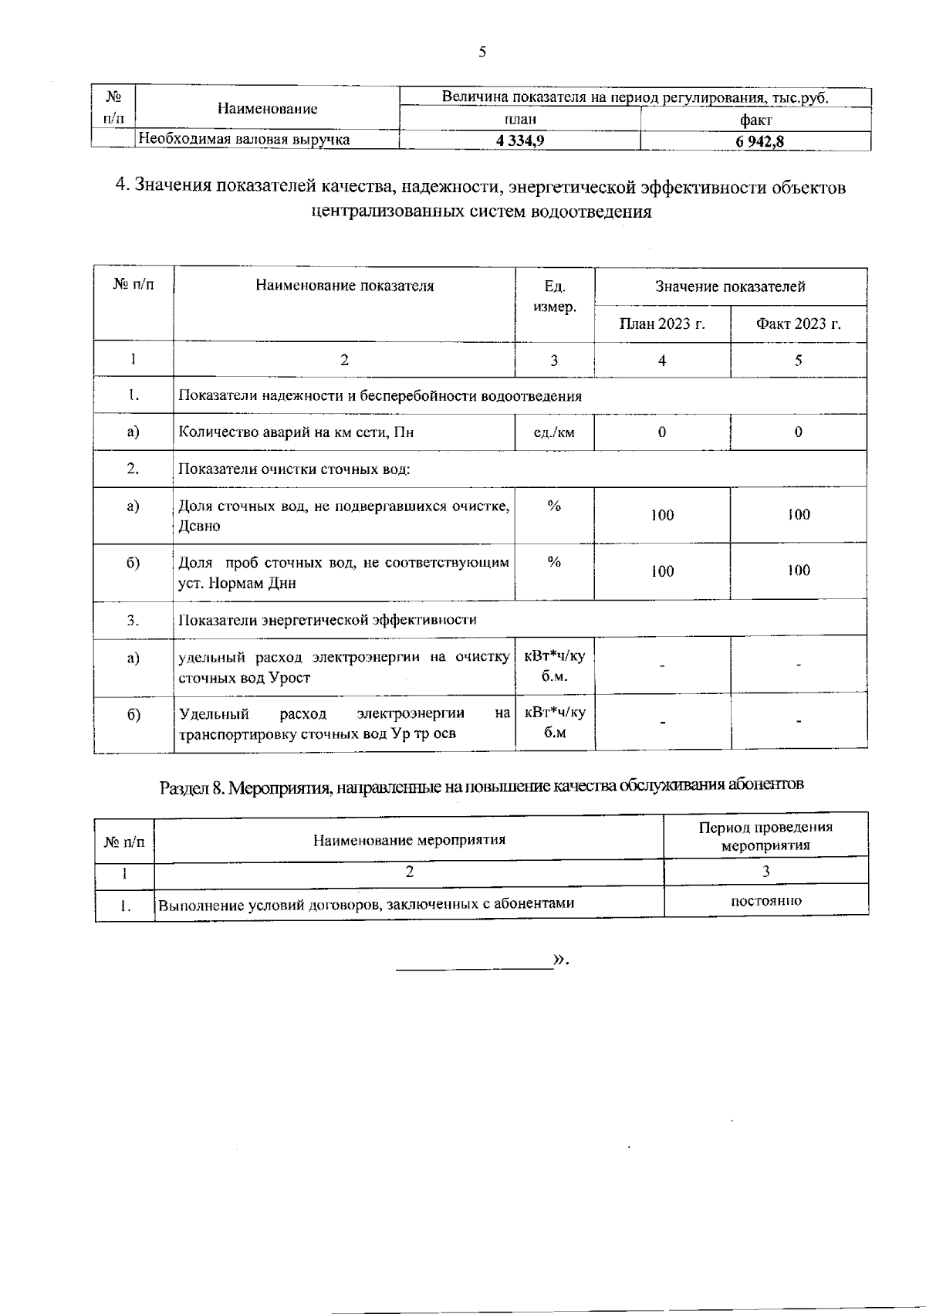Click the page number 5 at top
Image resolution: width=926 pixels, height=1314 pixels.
[482, 52]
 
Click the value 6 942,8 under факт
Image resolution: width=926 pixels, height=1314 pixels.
[755, 141]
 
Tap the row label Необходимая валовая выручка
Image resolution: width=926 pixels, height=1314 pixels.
[244, 140]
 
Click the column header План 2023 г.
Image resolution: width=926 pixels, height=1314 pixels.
[662, 323]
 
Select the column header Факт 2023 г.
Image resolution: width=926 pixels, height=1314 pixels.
[798, 323]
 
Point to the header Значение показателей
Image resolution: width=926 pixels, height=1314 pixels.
[730, 286]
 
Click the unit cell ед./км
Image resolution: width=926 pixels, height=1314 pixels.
[554, 432]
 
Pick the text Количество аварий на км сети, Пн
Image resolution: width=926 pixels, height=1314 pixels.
[296, 432]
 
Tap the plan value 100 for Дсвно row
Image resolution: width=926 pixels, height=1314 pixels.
[662, 515]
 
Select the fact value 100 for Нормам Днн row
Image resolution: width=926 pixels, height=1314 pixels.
[799, 571]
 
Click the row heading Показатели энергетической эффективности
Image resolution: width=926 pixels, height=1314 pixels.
[327, 620]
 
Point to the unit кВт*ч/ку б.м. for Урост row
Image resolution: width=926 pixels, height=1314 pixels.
[554, 666]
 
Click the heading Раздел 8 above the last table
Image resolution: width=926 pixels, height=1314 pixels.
[482, 787]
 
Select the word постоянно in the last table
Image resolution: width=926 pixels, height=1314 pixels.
[765, 901]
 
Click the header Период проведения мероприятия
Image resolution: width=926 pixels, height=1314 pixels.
[765, 835]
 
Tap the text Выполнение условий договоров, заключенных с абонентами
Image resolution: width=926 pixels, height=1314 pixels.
[366, 903]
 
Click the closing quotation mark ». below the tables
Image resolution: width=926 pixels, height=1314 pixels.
[561, 960]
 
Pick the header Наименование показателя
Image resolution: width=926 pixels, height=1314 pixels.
[344, 286]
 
